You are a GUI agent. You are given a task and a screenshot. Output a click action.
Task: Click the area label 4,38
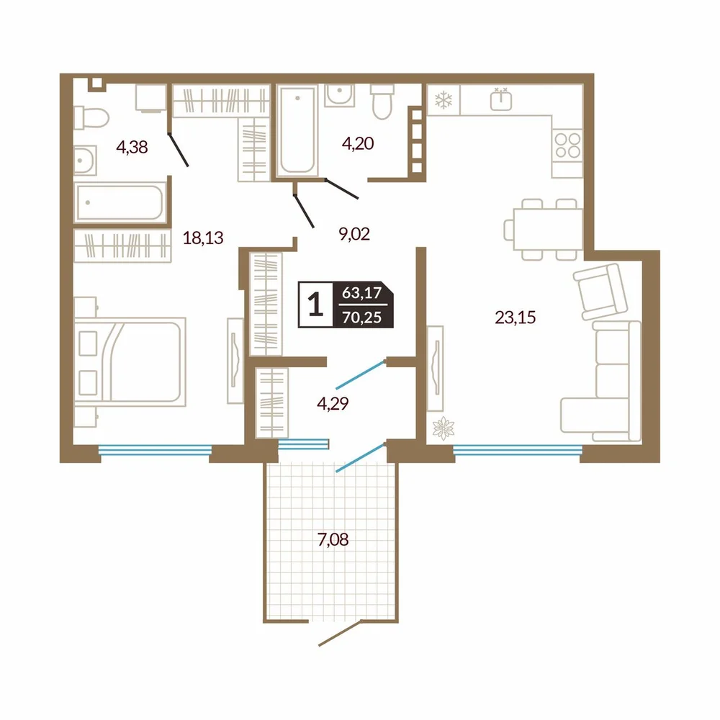click(132, 148)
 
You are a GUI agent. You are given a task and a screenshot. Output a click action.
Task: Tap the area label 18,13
click(203, 238)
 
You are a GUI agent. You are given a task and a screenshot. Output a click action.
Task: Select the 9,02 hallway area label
click(354, 234)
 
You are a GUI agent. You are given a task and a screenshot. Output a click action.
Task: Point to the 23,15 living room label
click(516, 318)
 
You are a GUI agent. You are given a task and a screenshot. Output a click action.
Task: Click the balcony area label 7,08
click(333, 539)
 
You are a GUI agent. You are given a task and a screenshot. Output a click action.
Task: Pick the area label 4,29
click(333, 403)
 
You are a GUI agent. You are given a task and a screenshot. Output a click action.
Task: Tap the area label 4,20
click(358, 143)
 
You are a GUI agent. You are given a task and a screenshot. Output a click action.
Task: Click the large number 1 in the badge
click(315, 305)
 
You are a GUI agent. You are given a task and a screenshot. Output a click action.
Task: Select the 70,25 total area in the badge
click(362, 318)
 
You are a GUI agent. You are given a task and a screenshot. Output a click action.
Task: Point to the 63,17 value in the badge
click(362, 292)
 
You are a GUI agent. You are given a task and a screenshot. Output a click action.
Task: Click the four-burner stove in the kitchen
click(567, 145)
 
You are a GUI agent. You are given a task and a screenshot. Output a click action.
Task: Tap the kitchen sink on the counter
click(501, 99)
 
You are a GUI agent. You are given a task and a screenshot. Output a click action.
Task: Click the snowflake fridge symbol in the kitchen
click(444, 99)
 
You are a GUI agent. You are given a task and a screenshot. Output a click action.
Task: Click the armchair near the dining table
click(600, 291)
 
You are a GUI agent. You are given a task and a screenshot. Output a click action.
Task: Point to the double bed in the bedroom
click(130, 362)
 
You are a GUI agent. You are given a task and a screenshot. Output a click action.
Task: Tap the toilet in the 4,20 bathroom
click(382, 102)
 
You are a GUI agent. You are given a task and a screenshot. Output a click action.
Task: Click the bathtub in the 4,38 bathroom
click(120, 202)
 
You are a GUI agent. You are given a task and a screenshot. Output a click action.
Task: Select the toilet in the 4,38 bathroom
click(91, 117)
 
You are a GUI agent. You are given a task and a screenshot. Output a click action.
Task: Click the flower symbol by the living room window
click(443, 428)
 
